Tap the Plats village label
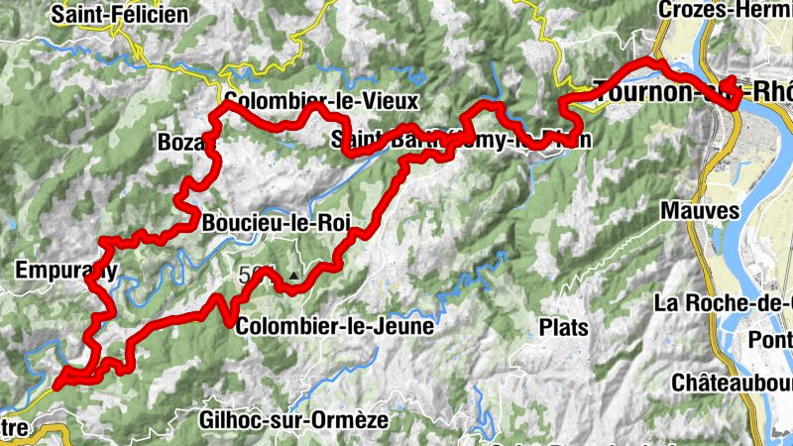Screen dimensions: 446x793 tap(563, 326)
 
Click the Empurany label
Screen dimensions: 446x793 tap(66, 270)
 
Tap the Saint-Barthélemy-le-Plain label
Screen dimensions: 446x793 tap(461, 140)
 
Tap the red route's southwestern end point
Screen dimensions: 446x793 tap(58, 381)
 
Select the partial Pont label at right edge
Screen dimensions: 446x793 tap(772, 339)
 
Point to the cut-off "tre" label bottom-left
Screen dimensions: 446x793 tap(13, 427)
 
